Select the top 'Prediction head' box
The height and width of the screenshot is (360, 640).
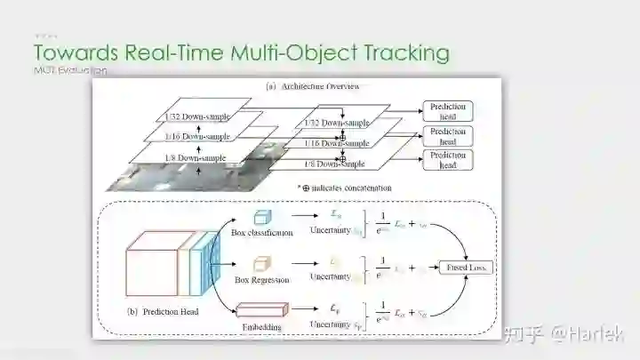[448, 111]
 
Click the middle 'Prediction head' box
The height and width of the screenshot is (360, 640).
[448, 136]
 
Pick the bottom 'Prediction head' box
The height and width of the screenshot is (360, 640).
[448, 160]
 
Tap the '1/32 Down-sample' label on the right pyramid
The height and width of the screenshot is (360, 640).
[336, 122]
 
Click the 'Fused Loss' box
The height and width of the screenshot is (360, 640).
[468, 268]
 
